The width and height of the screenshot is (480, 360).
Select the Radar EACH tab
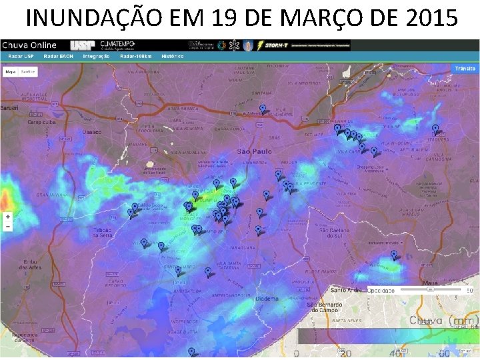tap(58, 56)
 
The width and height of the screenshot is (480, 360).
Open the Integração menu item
tap(96, 56)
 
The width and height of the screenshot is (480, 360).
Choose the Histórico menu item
tap(172, 56)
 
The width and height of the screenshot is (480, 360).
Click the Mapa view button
tap(11, 71)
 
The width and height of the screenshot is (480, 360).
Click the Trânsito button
tap(465, 69)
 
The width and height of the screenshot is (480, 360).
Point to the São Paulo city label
tap(254, 151)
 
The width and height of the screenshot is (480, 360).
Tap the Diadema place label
tap(267, 299)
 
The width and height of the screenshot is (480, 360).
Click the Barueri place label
tap(9, 107)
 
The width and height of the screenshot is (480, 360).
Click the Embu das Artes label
tap(29, 265)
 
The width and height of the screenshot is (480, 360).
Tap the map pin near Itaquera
tap(435, 129)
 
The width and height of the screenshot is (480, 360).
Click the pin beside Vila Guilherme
tap(263, 109)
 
